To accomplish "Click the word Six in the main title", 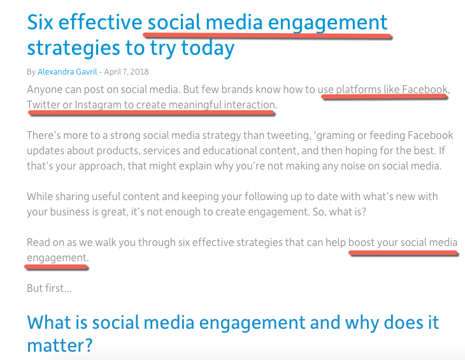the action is coord(40,22).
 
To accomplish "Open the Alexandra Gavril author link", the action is coord(68,72).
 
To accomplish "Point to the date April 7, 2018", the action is coord(126,72).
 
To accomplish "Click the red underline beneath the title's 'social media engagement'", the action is coord(267,36).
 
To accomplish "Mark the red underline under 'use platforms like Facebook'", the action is coord(385,96).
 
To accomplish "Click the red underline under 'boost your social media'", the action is coord(403,253).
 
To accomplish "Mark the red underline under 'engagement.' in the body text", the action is coord(56,267).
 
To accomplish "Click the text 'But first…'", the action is coord(50,288).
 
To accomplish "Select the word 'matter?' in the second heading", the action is coord(60,346).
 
